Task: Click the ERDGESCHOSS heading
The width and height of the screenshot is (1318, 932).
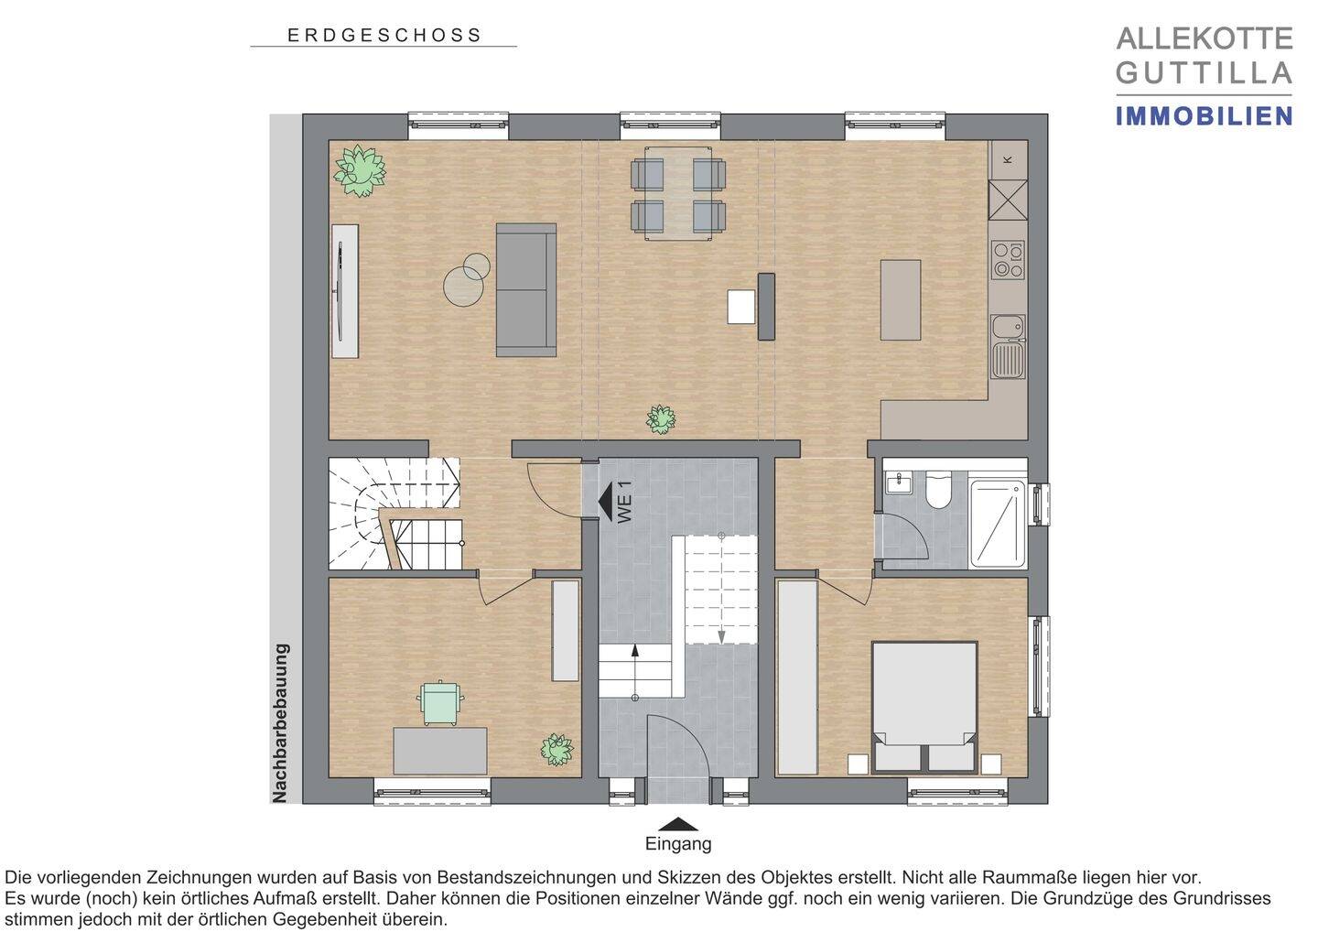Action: pos(384,36)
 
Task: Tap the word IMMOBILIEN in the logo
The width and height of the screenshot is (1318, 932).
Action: pos(1204,116)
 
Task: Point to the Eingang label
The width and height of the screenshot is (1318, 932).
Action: pos(678,844)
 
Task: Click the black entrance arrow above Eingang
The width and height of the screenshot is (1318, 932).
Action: pos(678,824)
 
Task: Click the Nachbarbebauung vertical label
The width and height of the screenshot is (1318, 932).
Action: pos(281,723)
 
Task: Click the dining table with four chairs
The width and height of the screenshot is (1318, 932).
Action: pos(678,193)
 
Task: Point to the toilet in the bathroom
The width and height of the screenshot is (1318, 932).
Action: pos(937,490)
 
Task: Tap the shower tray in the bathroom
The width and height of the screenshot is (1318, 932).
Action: pos(998,524)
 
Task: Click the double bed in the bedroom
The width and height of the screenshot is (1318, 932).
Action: pos(924,707)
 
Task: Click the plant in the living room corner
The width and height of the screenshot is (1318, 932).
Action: pos(360,170)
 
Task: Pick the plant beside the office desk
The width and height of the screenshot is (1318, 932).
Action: pos(556,749)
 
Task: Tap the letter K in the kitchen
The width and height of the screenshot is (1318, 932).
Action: pos(1008,159)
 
